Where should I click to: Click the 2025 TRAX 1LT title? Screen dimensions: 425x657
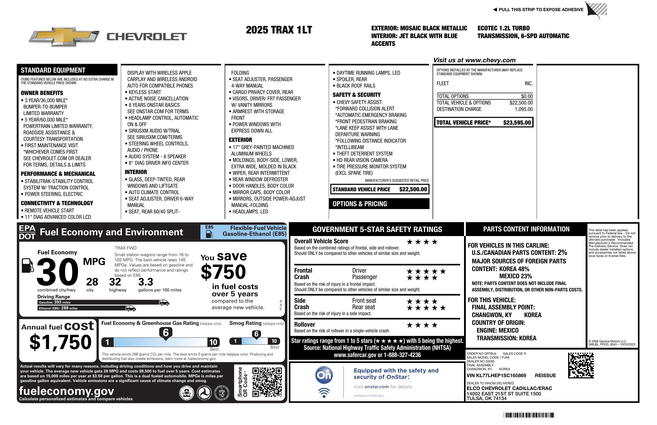[x=279, y=30]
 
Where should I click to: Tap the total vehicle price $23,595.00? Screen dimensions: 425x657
[x=517, y=123]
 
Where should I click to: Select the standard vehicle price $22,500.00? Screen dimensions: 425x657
[x=413, y=189]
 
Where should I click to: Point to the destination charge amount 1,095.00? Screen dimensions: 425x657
[x=524, y=109]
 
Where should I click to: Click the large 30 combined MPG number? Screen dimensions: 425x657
[x=57, y=272]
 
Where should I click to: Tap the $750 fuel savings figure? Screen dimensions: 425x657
[x=223, y=272]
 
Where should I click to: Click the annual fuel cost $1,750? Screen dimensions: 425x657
[x=61, y=342]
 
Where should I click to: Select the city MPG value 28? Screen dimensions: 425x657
[x=92, y=282]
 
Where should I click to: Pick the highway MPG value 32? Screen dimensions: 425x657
[x=115, y=282]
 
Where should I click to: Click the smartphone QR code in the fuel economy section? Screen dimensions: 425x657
[x=267, y=382]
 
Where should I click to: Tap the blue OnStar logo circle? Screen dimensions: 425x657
[x=324, y=375]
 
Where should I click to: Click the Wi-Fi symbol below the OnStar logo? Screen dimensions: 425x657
[x=324, y=393]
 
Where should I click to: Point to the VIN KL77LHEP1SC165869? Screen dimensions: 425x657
[x=496, y=376]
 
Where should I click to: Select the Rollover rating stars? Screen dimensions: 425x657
[x=422, y=325]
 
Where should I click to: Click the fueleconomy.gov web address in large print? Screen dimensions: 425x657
[x=66, y=391]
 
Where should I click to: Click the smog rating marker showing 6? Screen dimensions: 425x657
[x=256, y=334]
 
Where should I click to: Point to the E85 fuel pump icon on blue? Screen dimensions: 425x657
[x=209, y=234]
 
